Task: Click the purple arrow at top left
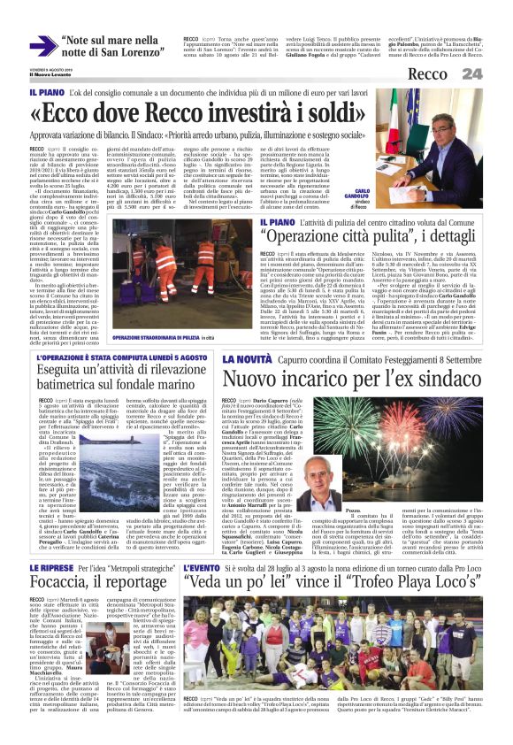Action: [42, 45]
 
